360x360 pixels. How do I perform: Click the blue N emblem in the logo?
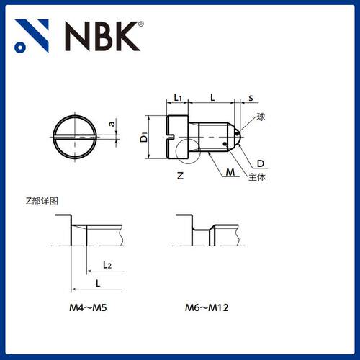click(32, 35)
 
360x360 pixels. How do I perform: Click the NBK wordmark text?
click(102, 36)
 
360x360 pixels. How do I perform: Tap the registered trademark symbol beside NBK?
click(141, 24)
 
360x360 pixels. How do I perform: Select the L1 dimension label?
click(178, 97)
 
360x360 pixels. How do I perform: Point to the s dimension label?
click(251, 98)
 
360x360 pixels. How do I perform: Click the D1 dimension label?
click(144, 137)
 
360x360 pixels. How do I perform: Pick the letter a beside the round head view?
click(112, 124)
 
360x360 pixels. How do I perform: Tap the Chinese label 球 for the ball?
click(261, 117)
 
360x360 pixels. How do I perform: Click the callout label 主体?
click(257, 177)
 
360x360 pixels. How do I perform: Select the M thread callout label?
click(230, 172)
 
